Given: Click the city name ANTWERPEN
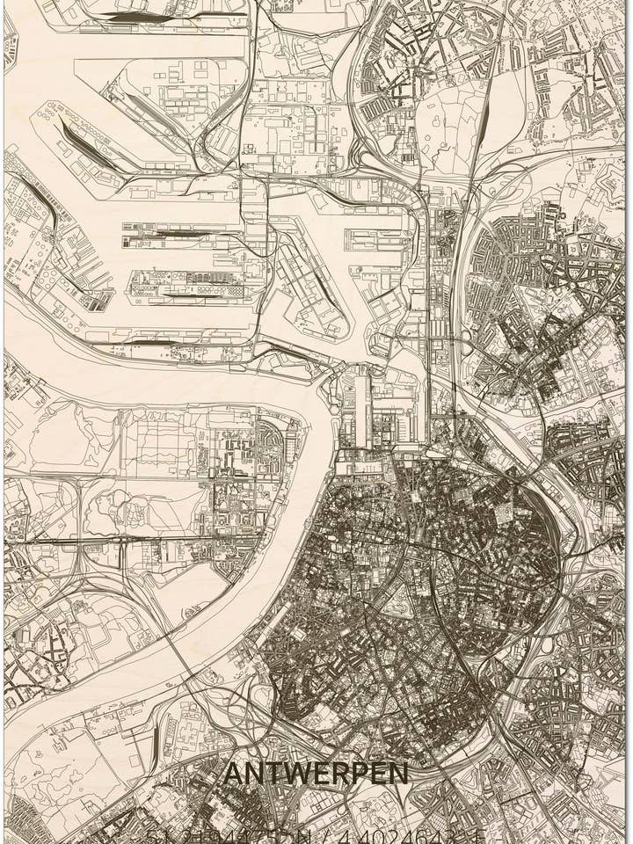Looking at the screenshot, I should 316,774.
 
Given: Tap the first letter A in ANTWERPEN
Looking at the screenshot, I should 233,774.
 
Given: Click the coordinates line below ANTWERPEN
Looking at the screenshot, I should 316,835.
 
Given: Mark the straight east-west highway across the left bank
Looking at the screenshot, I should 132,537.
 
